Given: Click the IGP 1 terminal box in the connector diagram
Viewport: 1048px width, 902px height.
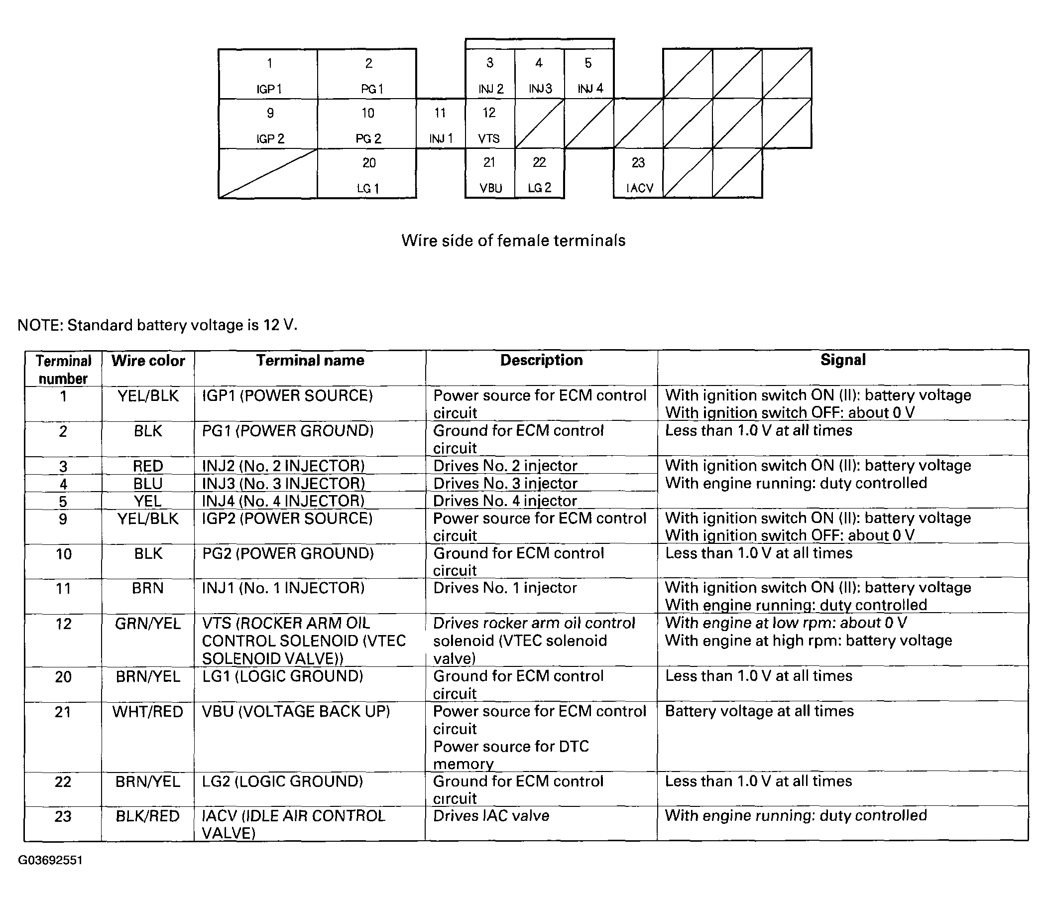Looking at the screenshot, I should click(x=268, y=74).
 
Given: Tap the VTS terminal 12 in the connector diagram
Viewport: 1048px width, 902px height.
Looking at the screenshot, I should click(x=489, y=124).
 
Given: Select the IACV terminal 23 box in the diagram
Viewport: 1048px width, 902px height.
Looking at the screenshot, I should click(x=638, y=173).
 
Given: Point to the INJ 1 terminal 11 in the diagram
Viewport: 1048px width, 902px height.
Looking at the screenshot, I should click(x=441, y=124).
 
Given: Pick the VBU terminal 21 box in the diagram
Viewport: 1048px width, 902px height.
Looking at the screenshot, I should click(x=489, y=173).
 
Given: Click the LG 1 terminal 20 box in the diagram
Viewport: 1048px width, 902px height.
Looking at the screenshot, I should click(x=367, y=173).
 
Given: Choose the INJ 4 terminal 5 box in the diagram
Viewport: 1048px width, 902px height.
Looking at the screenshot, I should click(x=589, y=74).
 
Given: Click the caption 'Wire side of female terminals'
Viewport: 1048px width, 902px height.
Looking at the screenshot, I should click(x=513, y=240).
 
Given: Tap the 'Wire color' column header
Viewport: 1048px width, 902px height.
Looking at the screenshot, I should click(x=148, y=361).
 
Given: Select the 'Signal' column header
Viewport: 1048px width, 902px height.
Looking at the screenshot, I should click(x=843, y=360).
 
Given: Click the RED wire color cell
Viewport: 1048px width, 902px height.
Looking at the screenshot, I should click(x=148, y=465).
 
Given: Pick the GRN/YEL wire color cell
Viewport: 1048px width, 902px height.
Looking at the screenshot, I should click(x=148, y=623).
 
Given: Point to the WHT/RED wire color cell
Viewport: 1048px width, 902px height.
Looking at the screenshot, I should click(x=148, y=711).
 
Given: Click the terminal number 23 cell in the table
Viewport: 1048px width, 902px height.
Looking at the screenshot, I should click(x=63, y=816).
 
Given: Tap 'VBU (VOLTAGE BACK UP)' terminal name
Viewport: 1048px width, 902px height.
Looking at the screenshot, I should click(x=296, y=711).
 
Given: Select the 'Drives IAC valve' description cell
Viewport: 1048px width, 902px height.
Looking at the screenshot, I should click(x=491, y=815).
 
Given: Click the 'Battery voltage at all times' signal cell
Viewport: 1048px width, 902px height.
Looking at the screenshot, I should click(x=759, y=711).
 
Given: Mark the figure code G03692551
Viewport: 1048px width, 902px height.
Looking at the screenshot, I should click(x=50, y=860).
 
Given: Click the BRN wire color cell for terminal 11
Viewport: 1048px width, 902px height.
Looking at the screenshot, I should click(x=148, y=588).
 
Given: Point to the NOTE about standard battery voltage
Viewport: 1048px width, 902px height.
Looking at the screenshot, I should click(x=157, y=325).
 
